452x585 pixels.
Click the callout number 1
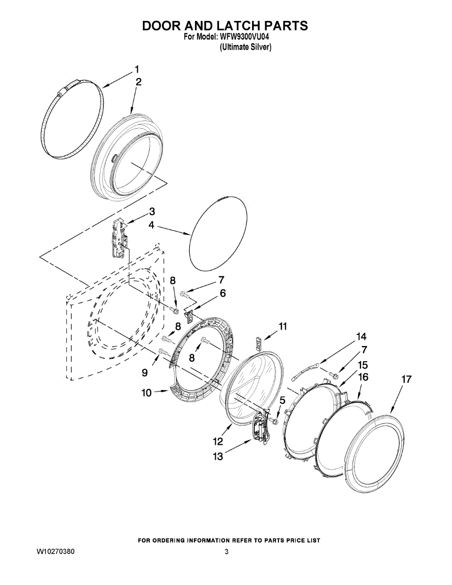coord(137,69)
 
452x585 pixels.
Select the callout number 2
coord(138,82)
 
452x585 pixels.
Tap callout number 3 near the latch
coord(152,212)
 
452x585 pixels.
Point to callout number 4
coord(152,225)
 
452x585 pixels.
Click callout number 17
coord(407,379)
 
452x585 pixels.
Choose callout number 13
coord(217,456)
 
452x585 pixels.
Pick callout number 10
coord(147,392)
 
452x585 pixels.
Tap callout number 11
coord(283,326)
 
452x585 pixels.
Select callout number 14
coord(361,336)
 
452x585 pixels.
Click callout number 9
coord(145,372)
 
